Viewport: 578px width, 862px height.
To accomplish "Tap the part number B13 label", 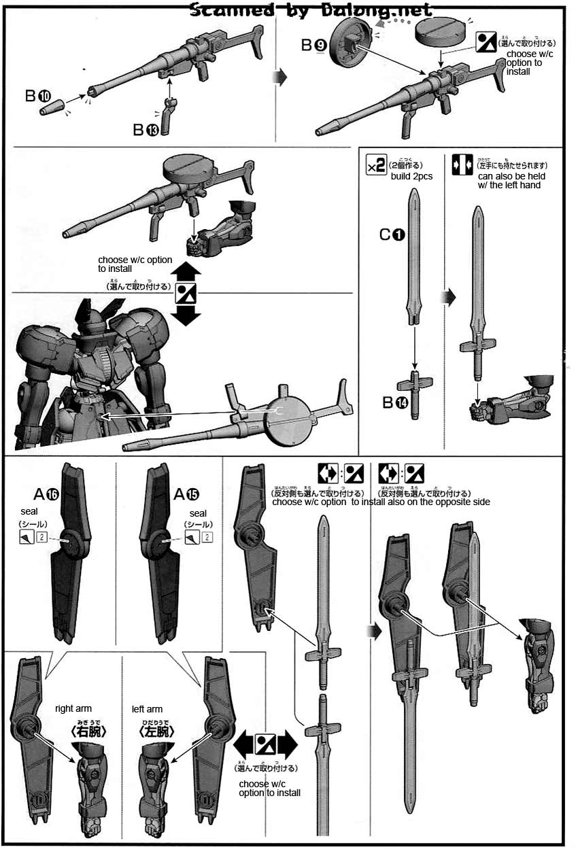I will coord(146,130).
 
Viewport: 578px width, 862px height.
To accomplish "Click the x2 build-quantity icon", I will coord(376,165).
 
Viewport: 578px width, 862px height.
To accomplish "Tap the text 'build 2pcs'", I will coord(411,177).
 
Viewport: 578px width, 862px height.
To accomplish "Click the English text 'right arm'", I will coord(72,709).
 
